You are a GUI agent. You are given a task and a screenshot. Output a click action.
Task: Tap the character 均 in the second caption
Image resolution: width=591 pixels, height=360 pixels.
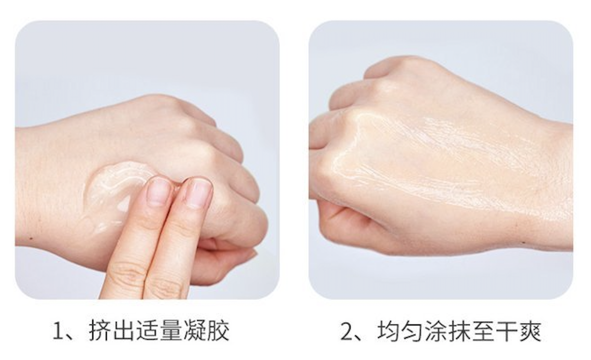point(389,331)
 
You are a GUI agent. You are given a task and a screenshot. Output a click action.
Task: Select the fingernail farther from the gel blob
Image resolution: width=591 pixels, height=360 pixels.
point(198,192)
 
